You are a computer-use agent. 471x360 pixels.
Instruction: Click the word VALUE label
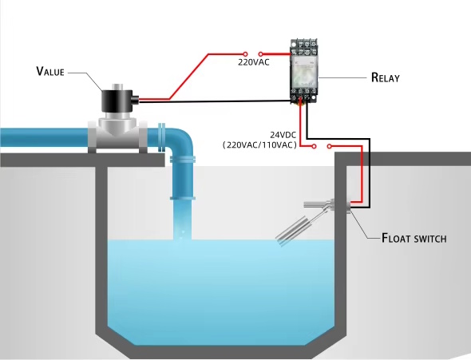[50, 72]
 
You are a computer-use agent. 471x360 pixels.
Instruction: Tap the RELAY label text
[386, 77]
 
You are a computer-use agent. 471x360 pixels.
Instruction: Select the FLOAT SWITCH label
[414, 238]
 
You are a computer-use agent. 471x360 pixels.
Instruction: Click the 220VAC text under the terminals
[254, 62]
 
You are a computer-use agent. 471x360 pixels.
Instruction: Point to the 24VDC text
[283, 135]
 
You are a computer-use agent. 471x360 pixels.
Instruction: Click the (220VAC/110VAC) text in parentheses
[259, 145]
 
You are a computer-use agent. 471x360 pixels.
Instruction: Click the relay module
[304, 72]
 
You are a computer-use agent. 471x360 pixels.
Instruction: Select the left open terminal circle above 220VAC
[245, 54]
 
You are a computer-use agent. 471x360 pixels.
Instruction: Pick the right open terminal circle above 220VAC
[261, 54]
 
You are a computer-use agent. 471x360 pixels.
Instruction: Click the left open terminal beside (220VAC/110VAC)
[315, 146]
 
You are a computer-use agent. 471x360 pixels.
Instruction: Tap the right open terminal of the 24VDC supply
[330, 146]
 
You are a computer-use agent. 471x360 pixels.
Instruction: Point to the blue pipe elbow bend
[181, 140]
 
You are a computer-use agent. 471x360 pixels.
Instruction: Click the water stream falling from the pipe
[182, 220]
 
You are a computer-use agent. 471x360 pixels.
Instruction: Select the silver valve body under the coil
[117, 133]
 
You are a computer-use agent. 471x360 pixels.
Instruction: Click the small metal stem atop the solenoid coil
[118, 87]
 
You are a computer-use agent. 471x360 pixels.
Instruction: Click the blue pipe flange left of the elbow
[161, 137]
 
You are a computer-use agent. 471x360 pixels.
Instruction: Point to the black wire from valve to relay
[215, 101]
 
